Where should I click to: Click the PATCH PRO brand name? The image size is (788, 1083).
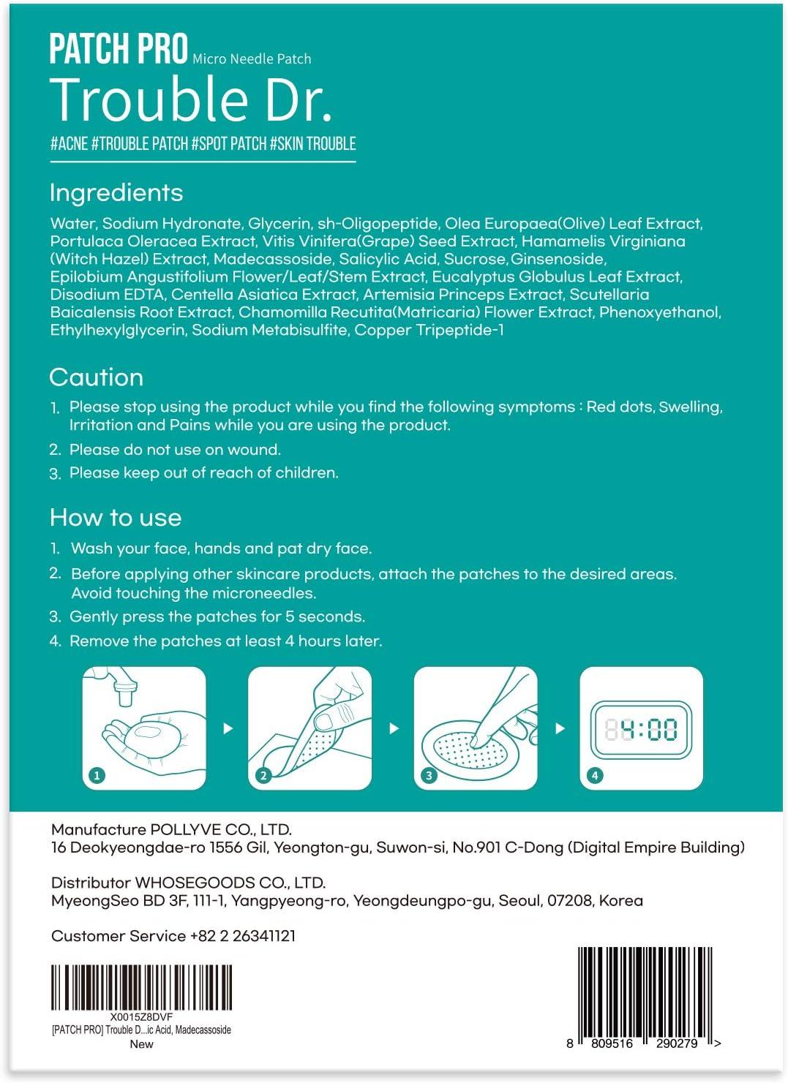(x=119, y=50)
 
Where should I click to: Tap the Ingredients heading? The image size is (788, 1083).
(x=116, y=193)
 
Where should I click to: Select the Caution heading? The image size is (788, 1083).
(x=97, y=377)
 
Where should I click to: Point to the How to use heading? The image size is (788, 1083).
(x=116, y=518)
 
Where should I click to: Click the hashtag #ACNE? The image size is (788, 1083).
(x=69, y=143)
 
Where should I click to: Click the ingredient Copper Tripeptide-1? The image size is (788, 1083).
(x=429, y=330)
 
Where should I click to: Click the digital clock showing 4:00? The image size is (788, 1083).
(x=641, y=729)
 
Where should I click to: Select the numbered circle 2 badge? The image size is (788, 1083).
(x=263, y=776)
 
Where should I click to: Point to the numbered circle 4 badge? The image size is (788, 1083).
(x=595, y=776)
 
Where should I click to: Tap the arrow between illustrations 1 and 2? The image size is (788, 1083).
(x=228, y=728)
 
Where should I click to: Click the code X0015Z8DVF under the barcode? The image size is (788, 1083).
(x=141, y=1017)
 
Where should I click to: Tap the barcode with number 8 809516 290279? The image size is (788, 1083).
(x=645, y=991)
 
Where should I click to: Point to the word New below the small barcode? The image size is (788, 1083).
(x=141, y=1044)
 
